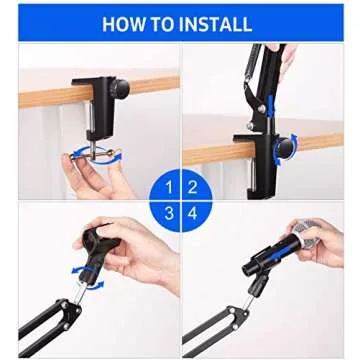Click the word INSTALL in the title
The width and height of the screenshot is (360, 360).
(217, 24)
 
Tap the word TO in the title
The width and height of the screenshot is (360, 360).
(166, 24)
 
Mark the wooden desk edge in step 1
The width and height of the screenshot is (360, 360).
(40, 98)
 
